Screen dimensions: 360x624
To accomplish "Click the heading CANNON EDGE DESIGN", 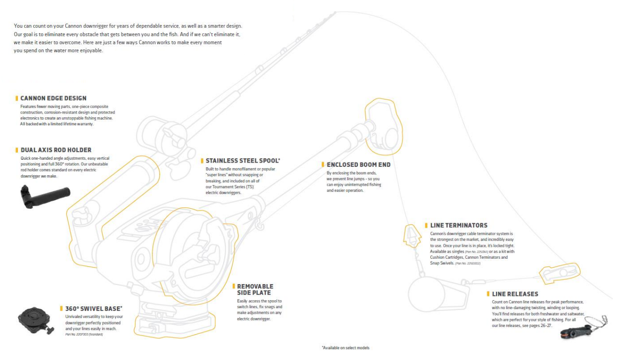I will (53, 98).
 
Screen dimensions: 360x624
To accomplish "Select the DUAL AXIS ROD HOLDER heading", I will (56, 150).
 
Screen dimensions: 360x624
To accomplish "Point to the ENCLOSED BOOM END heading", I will (358, 164).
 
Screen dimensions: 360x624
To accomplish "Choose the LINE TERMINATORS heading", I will (459, 226).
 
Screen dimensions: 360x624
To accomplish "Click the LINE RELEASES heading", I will (515, 294).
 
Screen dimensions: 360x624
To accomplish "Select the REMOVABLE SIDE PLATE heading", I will (255, 289).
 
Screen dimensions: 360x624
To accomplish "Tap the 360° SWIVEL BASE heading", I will (94, 308).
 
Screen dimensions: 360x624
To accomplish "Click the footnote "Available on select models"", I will (345, 348).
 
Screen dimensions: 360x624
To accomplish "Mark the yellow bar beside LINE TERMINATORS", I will (426, 226).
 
